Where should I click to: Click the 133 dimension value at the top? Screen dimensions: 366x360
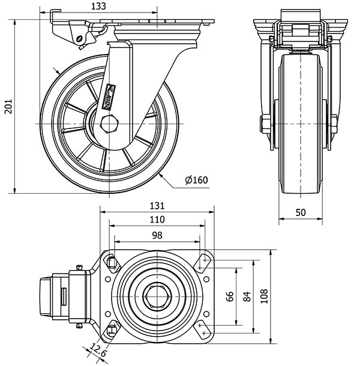[100, 6]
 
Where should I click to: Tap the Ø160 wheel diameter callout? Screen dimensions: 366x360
[197, 180]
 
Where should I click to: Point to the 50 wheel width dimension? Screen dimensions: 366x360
[301, 213]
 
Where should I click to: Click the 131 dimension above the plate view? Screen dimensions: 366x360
[157, 205]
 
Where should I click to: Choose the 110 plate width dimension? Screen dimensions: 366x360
[157, 220]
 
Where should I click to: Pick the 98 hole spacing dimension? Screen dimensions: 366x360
[157, 235]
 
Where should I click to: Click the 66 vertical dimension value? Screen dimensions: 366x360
[230, 296]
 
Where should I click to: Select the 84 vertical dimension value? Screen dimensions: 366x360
[246, 296]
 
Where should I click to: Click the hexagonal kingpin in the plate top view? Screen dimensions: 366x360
[158, 296]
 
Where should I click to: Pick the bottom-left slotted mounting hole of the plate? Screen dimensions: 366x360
[112, 331]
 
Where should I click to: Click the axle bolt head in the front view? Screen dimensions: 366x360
[264, 125]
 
